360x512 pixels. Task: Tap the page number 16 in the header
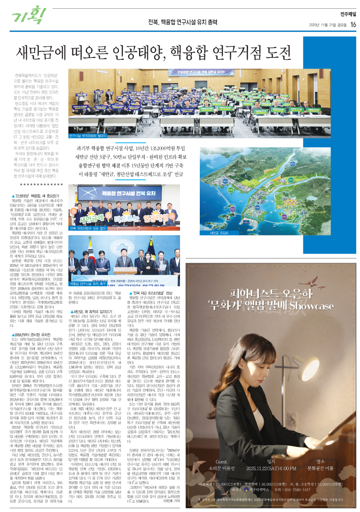pos(353,24)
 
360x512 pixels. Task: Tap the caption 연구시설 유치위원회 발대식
pos(88,136)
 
